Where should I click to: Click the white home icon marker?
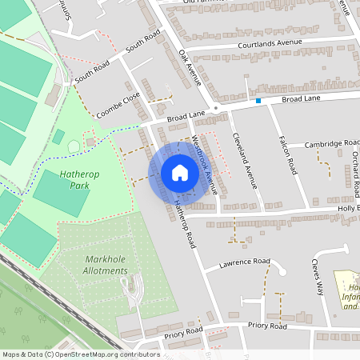click(180, 173)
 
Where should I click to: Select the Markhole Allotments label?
click(106, 265)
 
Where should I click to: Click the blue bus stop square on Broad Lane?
click(258, 101)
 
